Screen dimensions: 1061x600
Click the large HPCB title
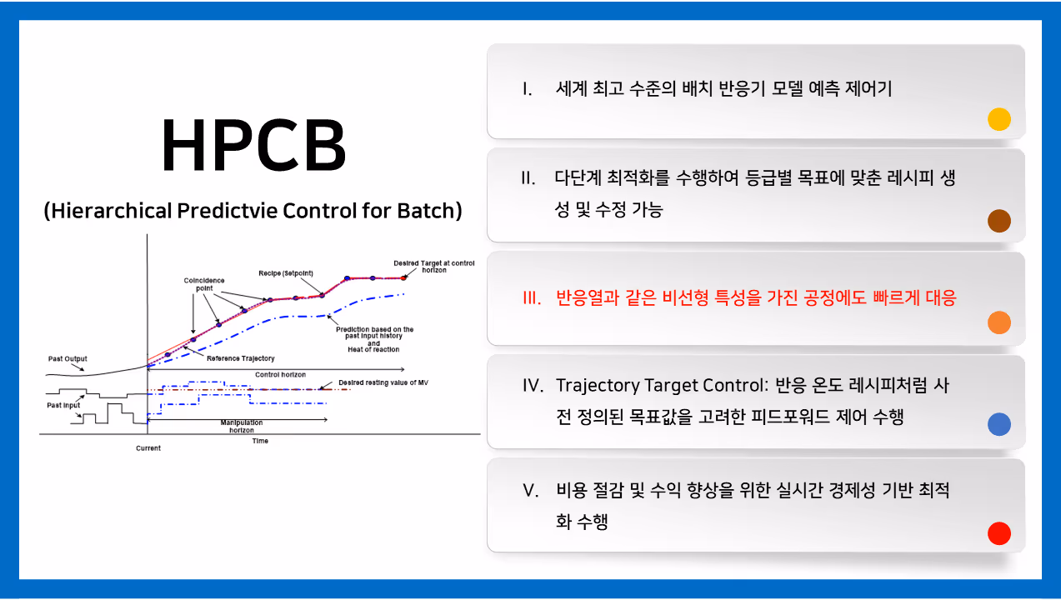[254, 144]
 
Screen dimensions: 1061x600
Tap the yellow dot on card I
[999, 119]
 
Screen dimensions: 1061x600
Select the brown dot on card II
[999, 221]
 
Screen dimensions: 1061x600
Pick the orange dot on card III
[999, 322]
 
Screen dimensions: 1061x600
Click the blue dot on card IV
[999, 424]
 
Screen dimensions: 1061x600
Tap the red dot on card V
[999, 533]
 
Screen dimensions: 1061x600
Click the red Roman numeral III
[532, 298]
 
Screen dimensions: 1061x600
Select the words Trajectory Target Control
[659, 386]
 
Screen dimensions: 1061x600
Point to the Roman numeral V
[531, 491]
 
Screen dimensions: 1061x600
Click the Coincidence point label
[204, 284]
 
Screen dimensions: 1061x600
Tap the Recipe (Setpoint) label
[286, 273]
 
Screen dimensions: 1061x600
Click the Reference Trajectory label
[241, 358]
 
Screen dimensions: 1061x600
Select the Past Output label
[68, 358]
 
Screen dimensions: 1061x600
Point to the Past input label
[63, 405]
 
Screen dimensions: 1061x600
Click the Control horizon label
[280, 375]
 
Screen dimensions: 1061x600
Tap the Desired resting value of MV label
[383, 382]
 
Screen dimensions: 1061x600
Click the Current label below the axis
[148, 448]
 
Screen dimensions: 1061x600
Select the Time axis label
[260, 441]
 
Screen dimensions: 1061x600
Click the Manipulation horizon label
[242, 426]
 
